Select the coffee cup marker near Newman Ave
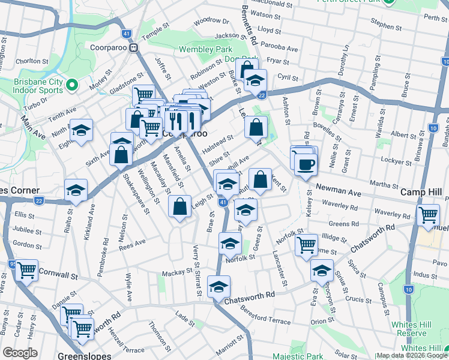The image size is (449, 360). [x=306, y=163]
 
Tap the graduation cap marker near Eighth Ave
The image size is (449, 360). [x=79, y=130]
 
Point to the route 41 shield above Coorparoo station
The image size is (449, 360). [x=126, y=34]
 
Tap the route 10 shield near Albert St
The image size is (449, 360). [x=433, y=127]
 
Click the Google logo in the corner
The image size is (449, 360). [x=20, y=353]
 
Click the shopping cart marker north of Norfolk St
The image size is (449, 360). [x=307, y=244]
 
